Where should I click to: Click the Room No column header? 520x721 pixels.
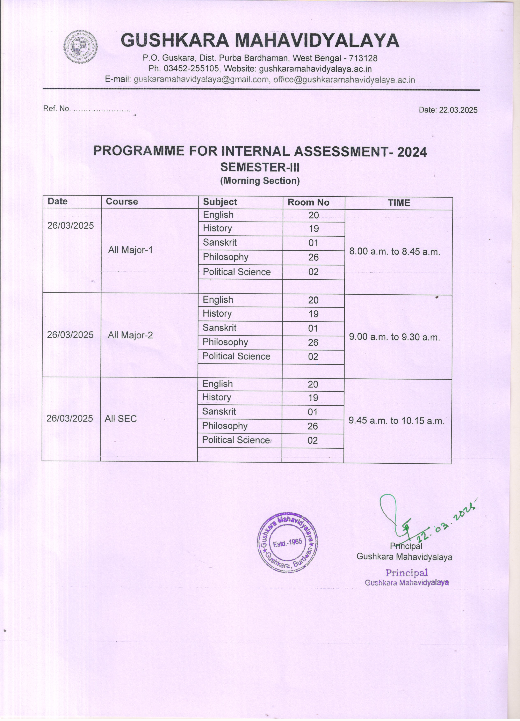(308, 203)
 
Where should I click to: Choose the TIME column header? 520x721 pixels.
(399, 203)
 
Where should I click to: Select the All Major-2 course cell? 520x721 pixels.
(130, 335)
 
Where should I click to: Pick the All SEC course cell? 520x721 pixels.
(121, 419)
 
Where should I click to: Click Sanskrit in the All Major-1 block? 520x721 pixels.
(220, 243)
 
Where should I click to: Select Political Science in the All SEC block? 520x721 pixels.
(236, 440)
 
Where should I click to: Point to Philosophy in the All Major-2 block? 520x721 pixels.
(225, 342)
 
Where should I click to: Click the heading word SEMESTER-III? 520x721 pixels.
(260, 167)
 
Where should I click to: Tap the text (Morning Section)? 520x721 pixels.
(260, 181)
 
